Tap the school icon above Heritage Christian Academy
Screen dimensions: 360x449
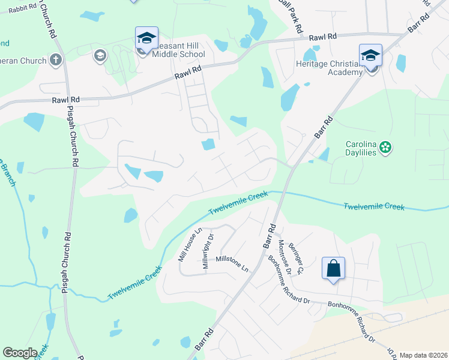[371, 56]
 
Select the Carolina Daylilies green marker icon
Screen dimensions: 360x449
[386, 146]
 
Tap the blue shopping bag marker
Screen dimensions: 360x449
[333, 268]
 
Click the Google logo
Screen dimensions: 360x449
[20, 352]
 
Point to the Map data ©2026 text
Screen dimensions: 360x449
[423, 355]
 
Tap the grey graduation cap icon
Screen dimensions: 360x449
[100, 56]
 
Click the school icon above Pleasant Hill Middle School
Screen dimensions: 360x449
[146, 38]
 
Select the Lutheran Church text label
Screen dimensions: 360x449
[23, 61]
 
